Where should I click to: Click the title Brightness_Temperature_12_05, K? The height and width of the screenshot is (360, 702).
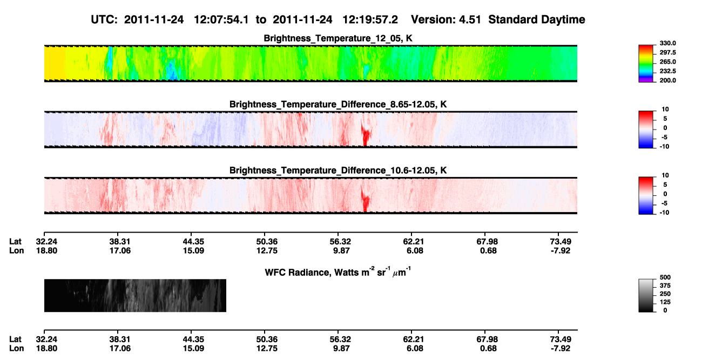[338, 38]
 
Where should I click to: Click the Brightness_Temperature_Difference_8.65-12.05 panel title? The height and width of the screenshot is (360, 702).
[338, 104]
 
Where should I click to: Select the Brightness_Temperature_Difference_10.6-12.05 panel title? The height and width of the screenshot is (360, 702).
[338, 171]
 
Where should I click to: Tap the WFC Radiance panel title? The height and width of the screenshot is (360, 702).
[338, 272]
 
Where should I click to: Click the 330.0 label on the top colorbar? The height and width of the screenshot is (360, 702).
[667, 43]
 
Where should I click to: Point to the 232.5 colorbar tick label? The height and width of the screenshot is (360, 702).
[667, 71]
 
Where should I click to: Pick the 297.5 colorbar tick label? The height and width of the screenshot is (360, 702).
[667, 53]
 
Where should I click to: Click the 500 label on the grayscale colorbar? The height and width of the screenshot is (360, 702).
[665, 277]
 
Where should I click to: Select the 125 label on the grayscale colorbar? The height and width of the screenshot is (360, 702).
[665, 302]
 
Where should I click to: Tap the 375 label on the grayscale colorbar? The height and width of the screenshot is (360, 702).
[665, 286]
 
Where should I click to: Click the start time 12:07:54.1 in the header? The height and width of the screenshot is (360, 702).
[221, 20]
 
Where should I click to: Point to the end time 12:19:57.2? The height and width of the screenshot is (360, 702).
[370, 20]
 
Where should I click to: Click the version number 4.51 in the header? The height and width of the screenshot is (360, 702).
[469, 20]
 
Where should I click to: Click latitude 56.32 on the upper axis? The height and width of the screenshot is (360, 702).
[341, 242]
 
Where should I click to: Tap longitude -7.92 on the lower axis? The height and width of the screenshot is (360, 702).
[561, 349]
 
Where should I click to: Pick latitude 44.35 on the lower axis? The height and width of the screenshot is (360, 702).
[194, 339]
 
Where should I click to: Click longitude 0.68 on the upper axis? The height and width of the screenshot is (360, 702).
[488, 250]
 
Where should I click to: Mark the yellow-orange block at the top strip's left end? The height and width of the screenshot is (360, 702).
[55, 63]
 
